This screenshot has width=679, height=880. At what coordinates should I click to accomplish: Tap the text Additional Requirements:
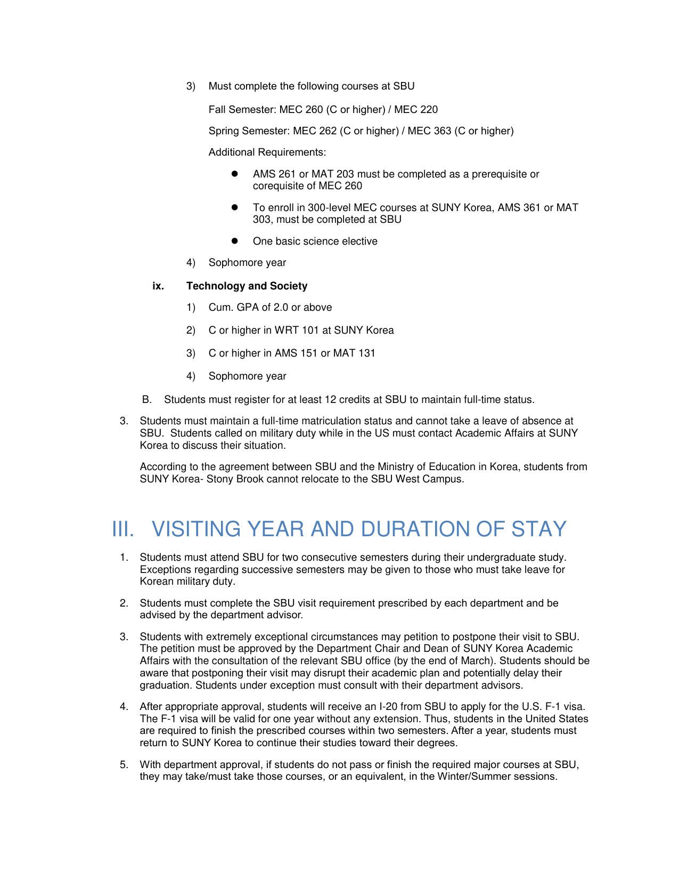click(x=267, y=152)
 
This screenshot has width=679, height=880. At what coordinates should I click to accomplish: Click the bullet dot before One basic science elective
click(x=234, y=241)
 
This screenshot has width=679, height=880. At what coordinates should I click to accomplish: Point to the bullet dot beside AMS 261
click(x=234, y=174)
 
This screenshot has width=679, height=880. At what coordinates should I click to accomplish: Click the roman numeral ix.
click(x=158, y=286)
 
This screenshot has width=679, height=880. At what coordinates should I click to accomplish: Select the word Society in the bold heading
click(x=288, y=286)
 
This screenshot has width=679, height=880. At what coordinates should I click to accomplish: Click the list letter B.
click(x=147, y=400)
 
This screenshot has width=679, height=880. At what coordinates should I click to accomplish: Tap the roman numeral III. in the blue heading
click(x=123, y=529)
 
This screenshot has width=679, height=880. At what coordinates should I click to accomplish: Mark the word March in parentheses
click(x=474, y=661)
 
